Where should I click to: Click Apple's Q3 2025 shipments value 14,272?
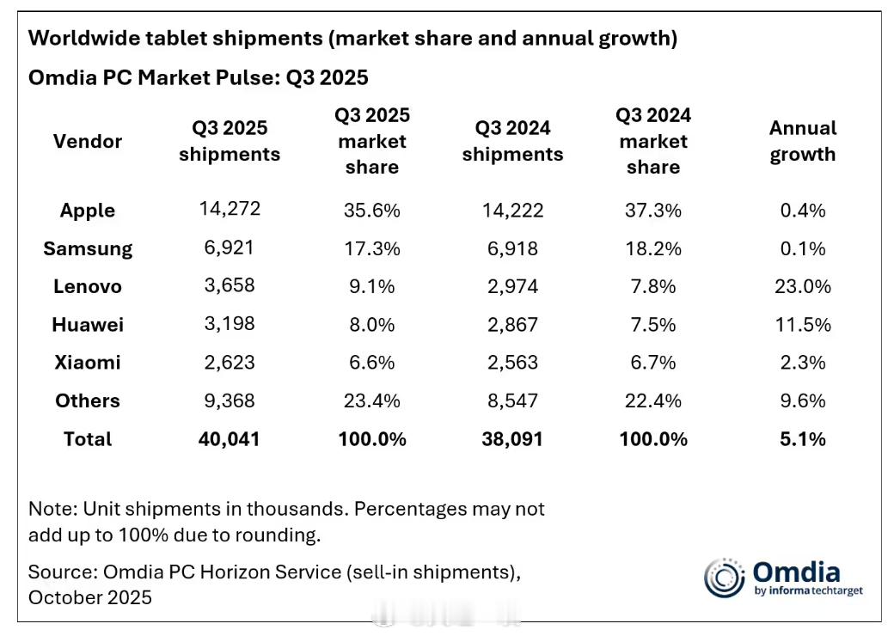point(229,210)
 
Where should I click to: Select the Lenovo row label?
point(88,286)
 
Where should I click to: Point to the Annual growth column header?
point(802,141)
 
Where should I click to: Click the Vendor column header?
point(88,141)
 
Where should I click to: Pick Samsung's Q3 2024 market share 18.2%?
point(652,248)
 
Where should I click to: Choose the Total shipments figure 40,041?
point(229,438)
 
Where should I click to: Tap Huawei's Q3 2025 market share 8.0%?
point(371,325)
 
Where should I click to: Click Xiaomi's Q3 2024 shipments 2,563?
point(511,363)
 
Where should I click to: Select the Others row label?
point(88,401)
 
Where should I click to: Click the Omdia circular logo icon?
point(725,578)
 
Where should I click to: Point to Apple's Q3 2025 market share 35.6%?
point(371,210)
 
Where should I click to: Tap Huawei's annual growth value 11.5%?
point(802,325)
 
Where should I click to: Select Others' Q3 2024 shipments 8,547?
point(511,401)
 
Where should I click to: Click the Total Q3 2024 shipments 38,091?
point(511,438)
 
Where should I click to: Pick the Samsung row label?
point(88,248)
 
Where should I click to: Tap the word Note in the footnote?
point(48,509)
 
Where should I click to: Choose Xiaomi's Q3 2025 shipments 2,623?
point(229,363)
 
